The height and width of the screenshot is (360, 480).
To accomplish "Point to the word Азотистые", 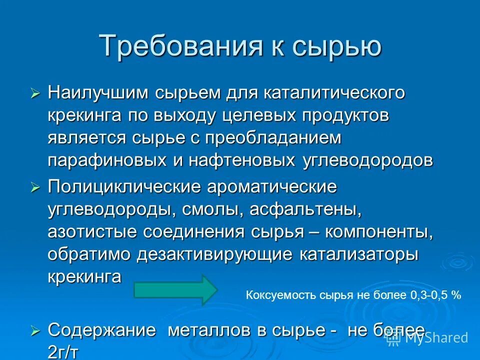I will [x=92, y=232].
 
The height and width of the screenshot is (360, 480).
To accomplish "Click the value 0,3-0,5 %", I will [x=435, y=295].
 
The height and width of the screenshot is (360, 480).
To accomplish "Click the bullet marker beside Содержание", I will [x=34, y=330].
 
